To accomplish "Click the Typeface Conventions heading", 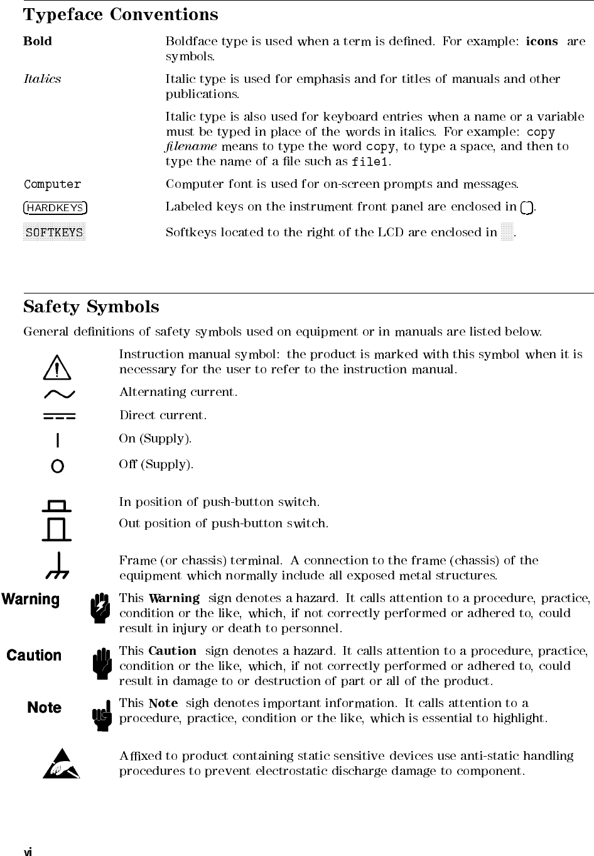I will (121, 14).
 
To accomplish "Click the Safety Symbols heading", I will (91, 307).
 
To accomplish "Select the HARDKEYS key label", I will (55, 208).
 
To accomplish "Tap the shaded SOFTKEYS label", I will (54, 233).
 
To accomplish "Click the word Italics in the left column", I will (42, 79).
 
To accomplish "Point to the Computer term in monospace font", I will (52, 185).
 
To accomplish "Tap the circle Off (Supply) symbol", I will (58, 466).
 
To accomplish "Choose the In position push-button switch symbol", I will (58, 505).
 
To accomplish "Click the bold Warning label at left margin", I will (31, 600).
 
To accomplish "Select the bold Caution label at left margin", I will (34, 656).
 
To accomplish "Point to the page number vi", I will (28, 852).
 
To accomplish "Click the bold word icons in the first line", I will (541, 41).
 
